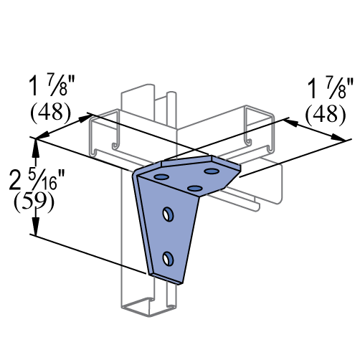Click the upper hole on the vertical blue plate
click(x=168, y=214)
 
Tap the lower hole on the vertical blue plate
click(x=168, y=259)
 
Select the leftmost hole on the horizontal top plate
click(x=161, y=177)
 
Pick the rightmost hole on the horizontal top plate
click(x=212, y=171)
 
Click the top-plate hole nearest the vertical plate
click(x=195, y=189)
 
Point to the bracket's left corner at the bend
click(x=136, y=176)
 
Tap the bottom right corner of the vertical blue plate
click(x=181, y=281)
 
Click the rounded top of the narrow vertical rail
click(x=171, y=93)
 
